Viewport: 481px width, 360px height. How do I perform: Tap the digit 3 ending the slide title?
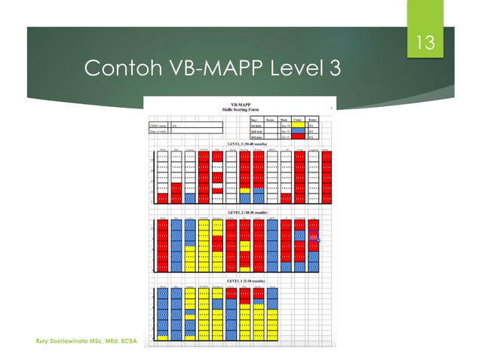(x=334, y=69)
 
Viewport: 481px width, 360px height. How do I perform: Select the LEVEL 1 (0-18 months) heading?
(x=242, y=281)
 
